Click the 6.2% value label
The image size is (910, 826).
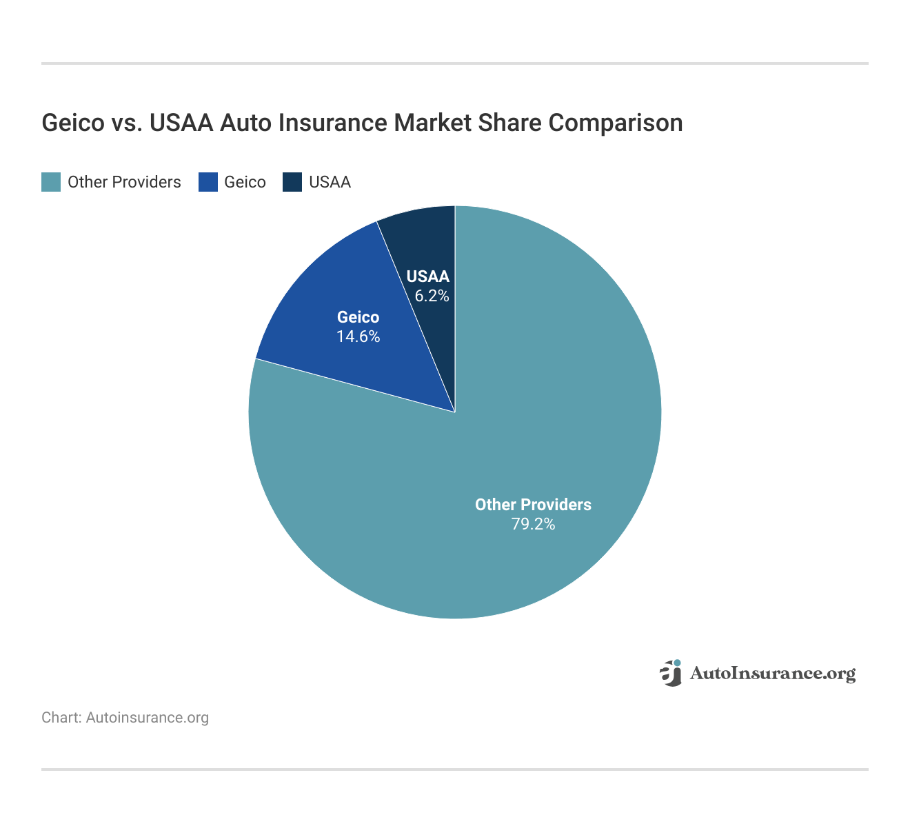click(x=432, y=296)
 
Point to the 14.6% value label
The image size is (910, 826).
click(x=358, y=337)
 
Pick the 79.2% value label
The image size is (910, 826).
click(x=533, y=525)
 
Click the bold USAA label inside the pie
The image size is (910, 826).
click(x=427, y=277)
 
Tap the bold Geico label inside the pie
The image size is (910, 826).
click(x=358, y=317)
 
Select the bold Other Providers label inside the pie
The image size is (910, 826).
click(x=533, y=505)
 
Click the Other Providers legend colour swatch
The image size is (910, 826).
click(x=51, y=182)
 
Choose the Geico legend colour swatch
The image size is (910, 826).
click(x=208, y=182)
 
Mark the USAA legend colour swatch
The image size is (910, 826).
click(x=292, y=182)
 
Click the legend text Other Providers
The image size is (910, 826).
click(x=124, y=182)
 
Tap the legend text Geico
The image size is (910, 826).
click(x=245, y=182)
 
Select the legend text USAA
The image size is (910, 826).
click(x=330, y=182)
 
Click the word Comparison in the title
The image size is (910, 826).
click(x=616, y=123)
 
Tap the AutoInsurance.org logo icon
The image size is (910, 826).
click(x=671, y=673)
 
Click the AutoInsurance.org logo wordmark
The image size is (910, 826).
click(x=772, y=674)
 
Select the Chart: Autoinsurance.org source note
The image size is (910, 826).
click(x=125, y=718)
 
